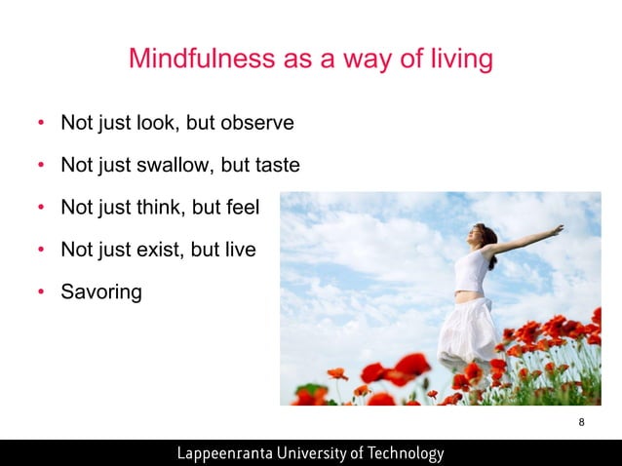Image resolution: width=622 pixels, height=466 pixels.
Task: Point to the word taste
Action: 278,167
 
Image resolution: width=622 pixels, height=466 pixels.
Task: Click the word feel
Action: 258,209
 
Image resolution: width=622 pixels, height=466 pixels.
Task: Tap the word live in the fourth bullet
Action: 239,250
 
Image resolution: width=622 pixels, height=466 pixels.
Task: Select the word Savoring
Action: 100,292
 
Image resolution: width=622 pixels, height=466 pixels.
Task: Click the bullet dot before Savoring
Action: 40,292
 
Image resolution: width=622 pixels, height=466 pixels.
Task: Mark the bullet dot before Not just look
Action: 40,125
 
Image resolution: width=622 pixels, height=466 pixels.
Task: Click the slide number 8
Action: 582,422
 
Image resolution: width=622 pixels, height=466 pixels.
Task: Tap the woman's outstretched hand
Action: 557,231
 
